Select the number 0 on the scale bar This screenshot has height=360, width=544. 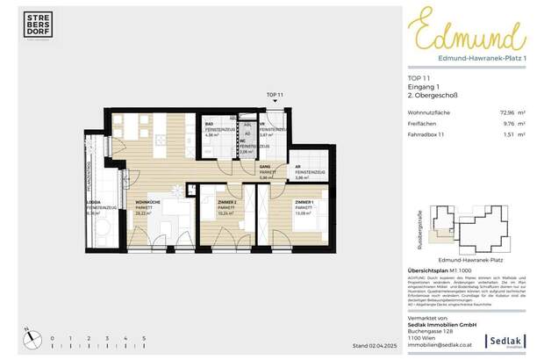pos(52,337)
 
